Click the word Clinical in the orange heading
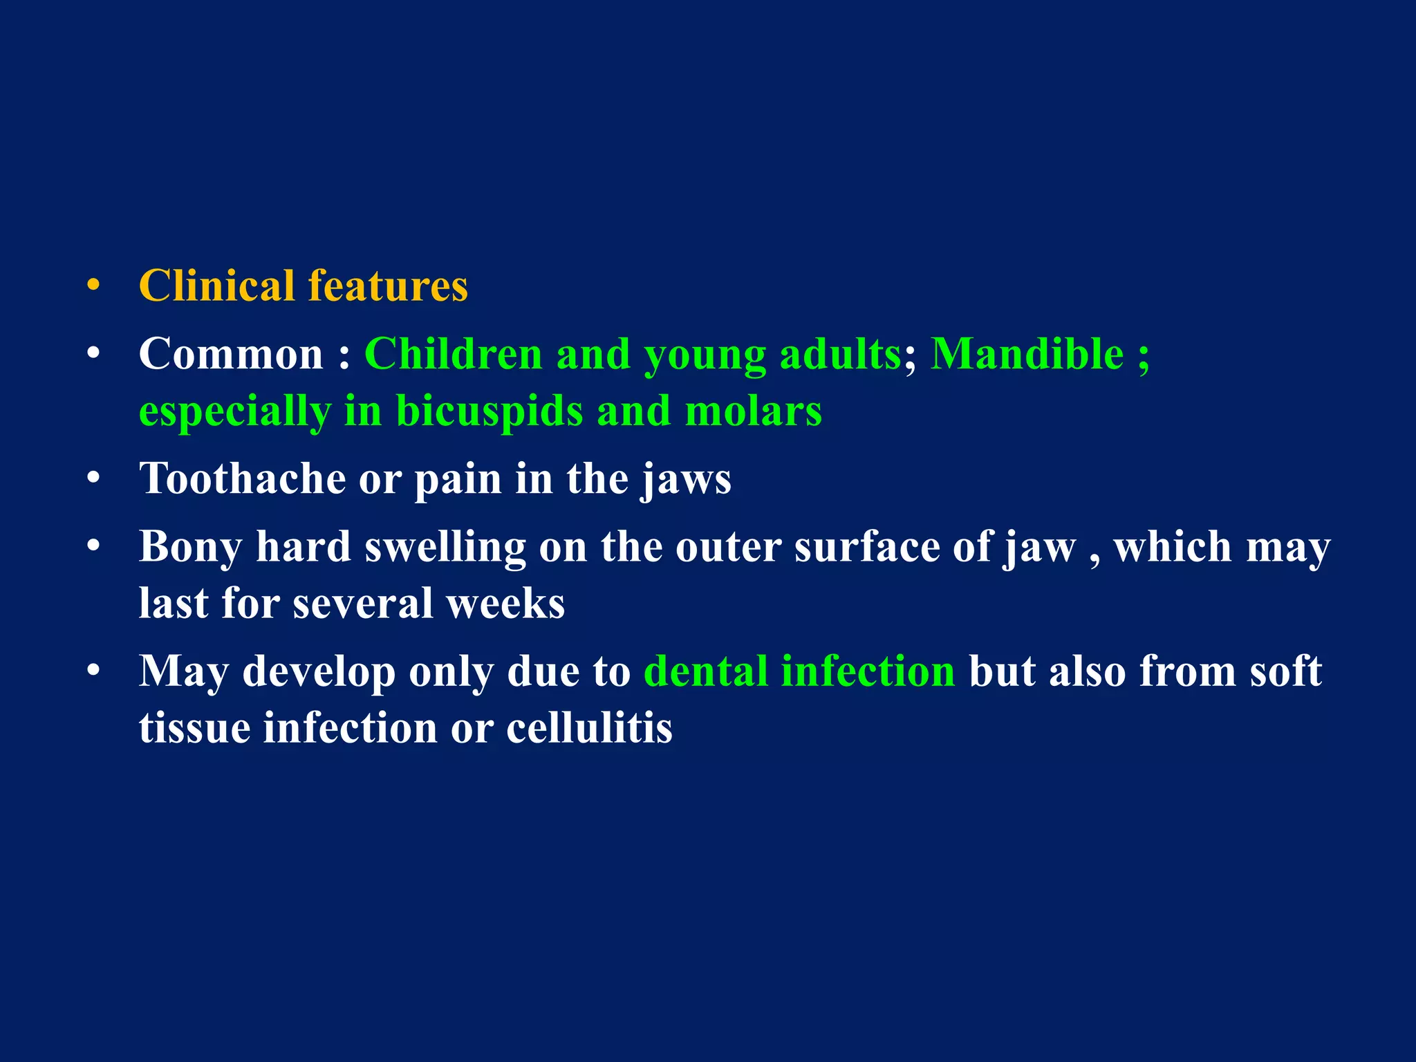pos(216,286)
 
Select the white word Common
pos(231,354)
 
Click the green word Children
pos(453,354)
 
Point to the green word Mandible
pos(1027,354)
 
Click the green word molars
pos(753,411)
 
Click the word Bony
pos(190,548)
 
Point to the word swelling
pos(445,548)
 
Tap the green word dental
pos(706,671)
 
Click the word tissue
pos(194,727)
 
